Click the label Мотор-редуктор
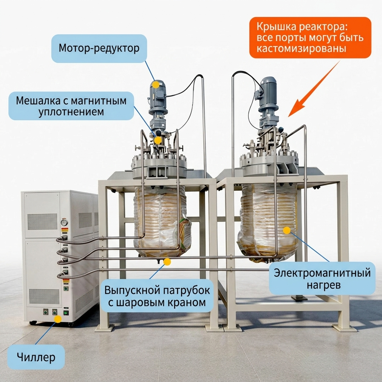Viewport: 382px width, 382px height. tap(99, 48)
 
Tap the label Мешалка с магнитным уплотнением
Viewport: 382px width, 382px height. tap(71, 106)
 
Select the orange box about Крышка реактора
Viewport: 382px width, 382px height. tap(310, 38)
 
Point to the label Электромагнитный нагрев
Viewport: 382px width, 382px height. tap(322, 278)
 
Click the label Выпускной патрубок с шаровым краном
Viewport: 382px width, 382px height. tap(157, 296)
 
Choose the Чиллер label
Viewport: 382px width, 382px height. tap(36, 357)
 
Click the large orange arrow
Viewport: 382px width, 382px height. tap(314, 89)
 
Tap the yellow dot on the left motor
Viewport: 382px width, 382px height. tap(156, 85)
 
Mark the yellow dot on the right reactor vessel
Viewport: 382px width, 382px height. tap(287, 230)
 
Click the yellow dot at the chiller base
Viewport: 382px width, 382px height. tap(58, 319)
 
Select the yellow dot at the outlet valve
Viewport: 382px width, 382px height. tap(167, 262)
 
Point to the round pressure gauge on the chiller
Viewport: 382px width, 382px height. tap(64, 222)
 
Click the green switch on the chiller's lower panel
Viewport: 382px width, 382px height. tap(66, 313)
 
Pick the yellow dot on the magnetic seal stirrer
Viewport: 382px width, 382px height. tap(158, 140)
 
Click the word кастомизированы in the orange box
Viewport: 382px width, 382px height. tap(301, 48)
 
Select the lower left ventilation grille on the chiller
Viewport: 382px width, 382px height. tap(44, 297)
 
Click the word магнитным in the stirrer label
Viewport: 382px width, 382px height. tap(98, 101)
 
